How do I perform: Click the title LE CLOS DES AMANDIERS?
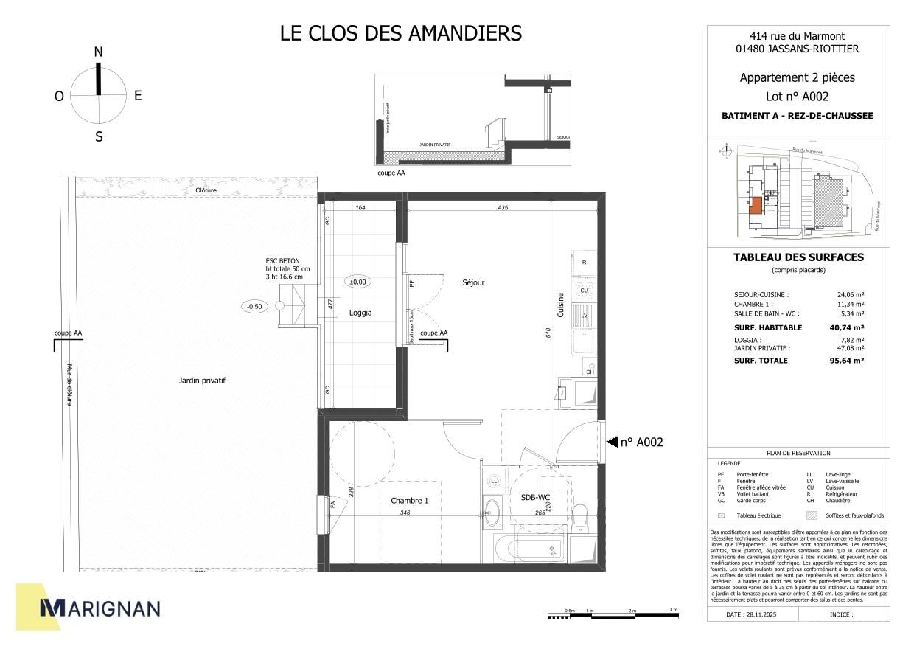401,33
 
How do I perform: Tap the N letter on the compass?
98,52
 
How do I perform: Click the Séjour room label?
473,282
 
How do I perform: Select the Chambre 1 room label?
409,501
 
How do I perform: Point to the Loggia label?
360,313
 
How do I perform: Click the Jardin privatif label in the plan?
201,381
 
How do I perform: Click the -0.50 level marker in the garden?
254,306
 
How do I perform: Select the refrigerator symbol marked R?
584,263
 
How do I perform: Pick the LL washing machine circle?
493,482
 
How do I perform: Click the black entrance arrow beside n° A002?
611,442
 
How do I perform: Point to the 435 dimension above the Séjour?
503,208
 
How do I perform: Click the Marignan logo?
100,608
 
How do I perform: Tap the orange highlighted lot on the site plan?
755,206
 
